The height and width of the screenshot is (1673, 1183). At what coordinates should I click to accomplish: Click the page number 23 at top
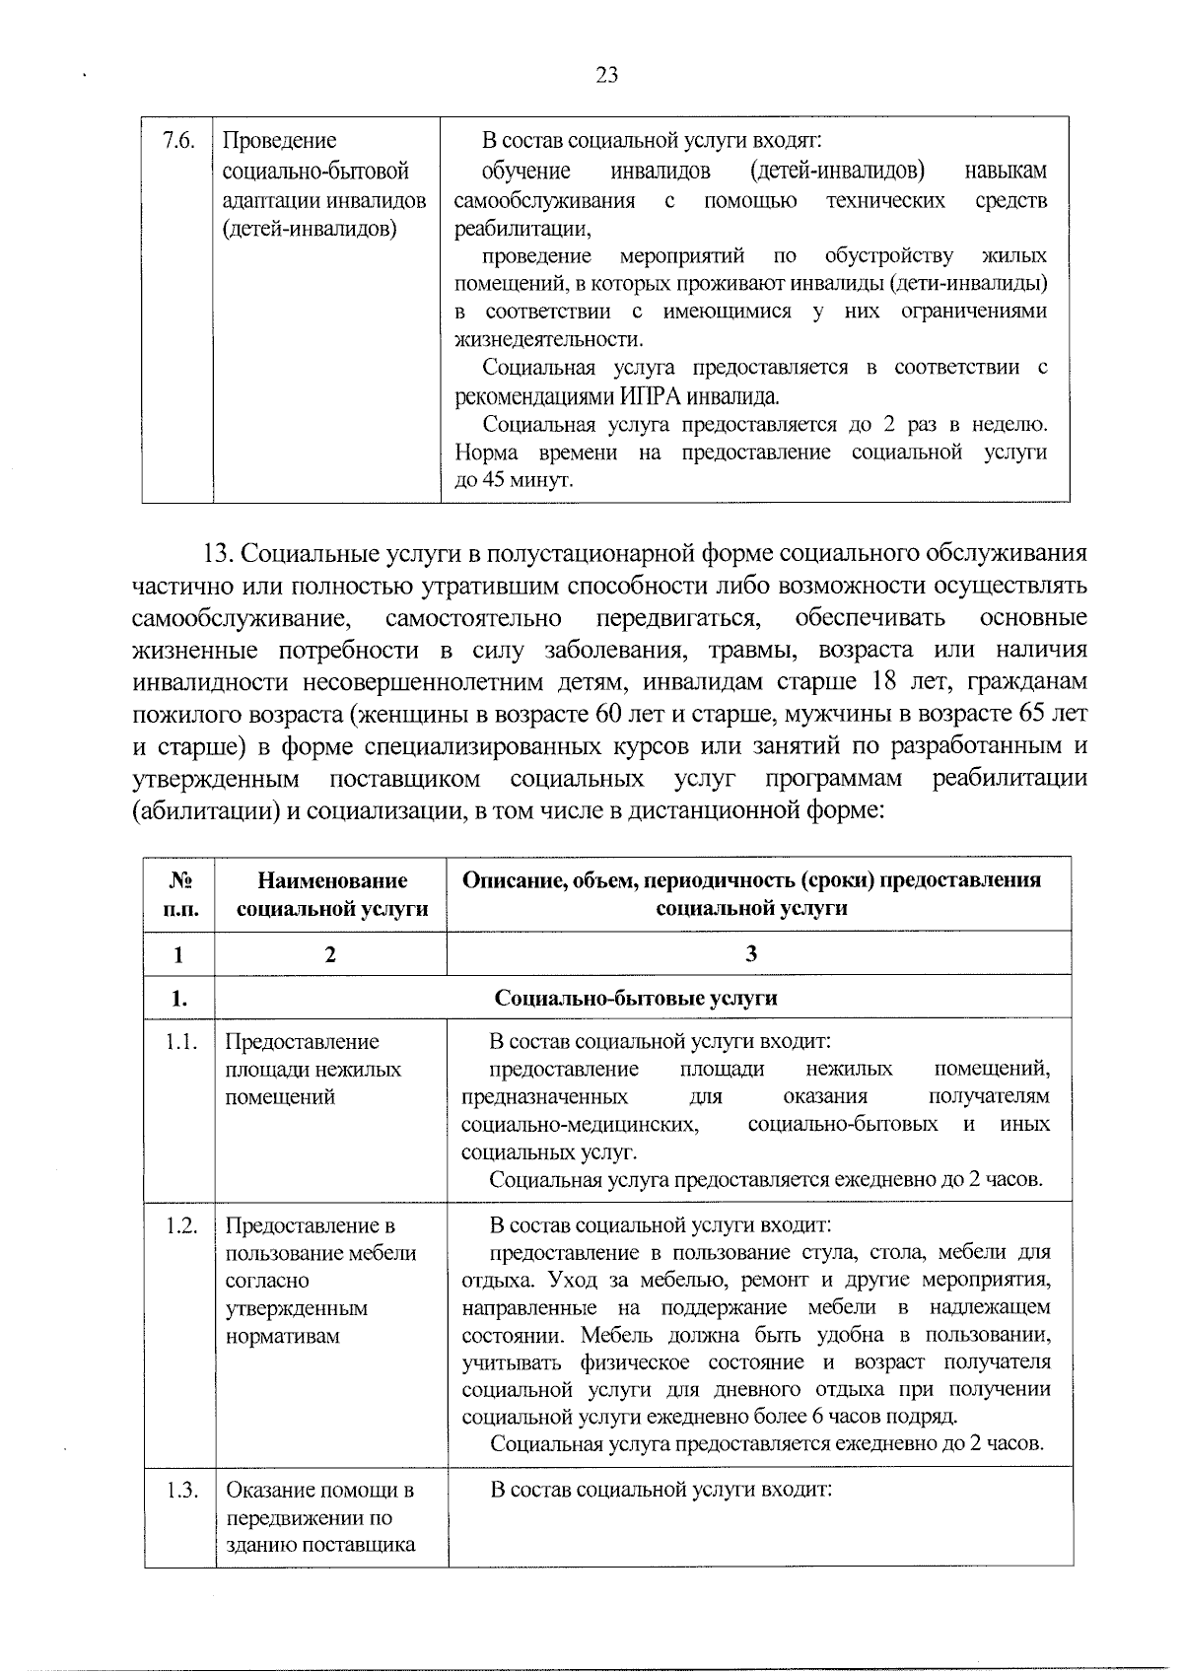click(x=606, y=75)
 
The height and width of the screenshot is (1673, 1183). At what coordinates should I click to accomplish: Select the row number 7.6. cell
click(x=178, y=141)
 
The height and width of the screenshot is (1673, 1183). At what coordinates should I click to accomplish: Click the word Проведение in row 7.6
click(x=280, y=141)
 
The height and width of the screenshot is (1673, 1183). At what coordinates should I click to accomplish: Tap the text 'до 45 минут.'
click(x=513, y=481)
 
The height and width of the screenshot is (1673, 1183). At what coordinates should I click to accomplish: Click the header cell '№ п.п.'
click(x=179, y=893)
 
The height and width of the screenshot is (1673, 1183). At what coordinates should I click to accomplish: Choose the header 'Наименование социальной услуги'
click(x=331, y=893)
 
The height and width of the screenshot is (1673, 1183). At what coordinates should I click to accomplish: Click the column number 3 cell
click(x=752, y=953)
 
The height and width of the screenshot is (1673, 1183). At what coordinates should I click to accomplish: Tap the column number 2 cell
click(x=331, y=953)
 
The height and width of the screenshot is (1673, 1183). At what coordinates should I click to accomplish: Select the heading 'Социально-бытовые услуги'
click(x=636, y=998)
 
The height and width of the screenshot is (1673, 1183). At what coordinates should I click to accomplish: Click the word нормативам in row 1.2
click(x=283, y=1336)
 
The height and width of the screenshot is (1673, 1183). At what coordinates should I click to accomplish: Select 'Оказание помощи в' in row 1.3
click(x=320, y=1490)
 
